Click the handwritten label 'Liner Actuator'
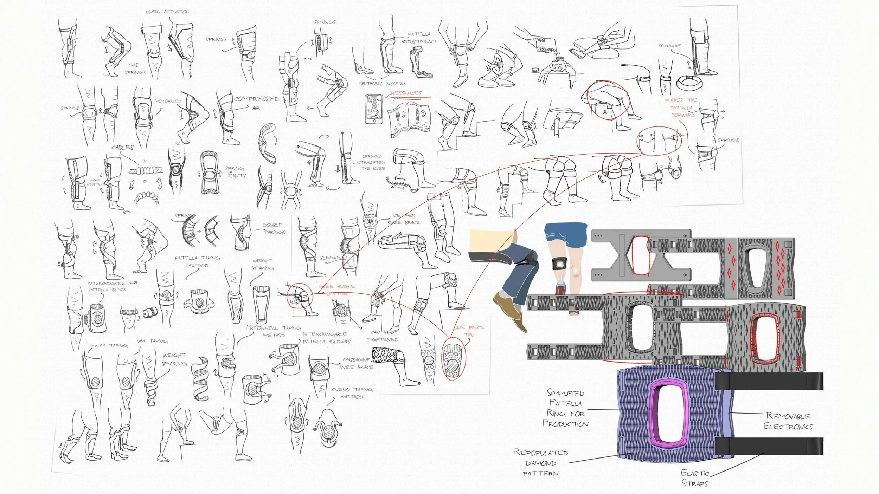point(167,12)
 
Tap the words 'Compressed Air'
point(256,103)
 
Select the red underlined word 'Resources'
point(406,93)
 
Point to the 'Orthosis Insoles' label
point(382,84)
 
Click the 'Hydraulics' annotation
point(669,46)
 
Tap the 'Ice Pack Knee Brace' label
point(404,219)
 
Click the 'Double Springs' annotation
point(274,228)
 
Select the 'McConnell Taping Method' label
point(274,331)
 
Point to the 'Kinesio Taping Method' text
point(352,393)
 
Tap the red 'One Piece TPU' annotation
point(469,331)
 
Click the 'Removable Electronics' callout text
point(788,421)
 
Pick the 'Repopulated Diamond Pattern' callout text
point(541,463)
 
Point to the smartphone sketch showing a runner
point(374,108)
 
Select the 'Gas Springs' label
point(135,69)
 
